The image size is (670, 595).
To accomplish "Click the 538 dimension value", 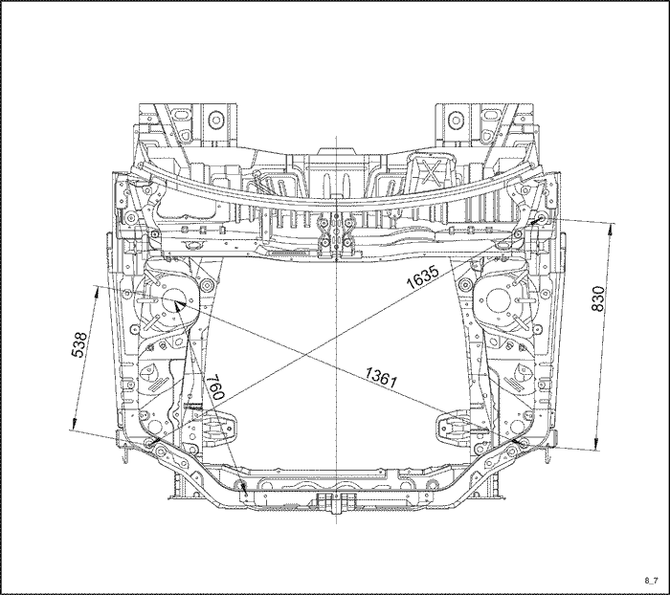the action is (x=79, y=344).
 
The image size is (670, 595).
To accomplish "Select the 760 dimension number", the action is (x=215, y=387).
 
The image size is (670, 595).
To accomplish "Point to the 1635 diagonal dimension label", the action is (x=422, y=276).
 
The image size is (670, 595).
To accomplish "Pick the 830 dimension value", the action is (x=598, y=298).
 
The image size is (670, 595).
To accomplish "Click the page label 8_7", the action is (x=651, y=580).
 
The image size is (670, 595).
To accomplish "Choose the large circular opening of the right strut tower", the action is (x=498, y=300).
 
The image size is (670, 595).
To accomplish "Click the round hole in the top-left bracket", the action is (x=216, y=119).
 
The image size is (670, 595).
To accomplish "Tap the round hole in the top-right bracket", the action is (x=456, y=119).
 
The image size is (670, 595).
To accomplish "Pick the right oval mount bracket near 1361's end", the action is (x=457, y=427).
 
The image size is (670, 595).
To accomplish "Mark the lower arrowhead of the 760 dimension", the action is (x=244, y=486).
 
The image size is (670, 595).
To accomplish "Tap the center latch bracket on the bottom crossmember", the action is (x=336, y=502).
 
